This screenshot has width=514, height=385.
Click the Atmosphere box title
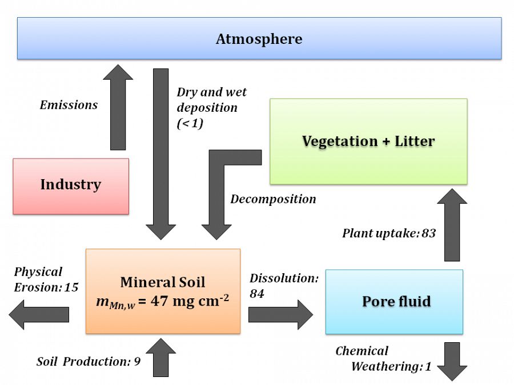[259, 39]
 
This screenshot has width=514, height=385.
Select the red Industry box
[70, 185]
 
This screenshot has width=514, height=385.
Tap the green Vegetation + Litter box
[368, 141]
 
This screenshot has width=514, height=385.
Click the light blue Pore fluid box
[394, 301]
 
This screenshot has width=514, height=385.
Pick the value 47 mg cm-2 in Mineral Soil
[188, 301]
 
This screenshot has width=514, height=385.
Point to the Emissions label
[69, 105]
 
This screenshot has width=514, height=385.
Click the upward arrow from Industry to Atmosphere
[118, 108]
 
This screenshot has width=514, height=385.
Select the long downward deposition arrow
[161, 154]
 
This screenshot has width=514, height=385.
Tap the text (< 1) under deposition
[190, 123]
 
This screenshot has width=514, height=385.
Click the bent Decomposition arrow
[217, 194]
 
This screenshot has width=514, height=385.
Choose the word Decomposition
[273, 199]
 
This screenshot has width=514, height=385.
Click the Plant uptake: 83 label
[389, 233]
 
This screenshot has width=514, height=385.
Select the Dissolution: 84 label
[283, 285]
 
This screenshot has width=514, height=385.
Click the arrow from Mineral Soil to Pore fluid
[280, 314]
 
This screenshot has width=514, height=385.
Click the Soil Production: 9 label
[89, 361]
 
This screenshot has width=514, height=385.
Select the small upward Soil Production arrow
[161, 358]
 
